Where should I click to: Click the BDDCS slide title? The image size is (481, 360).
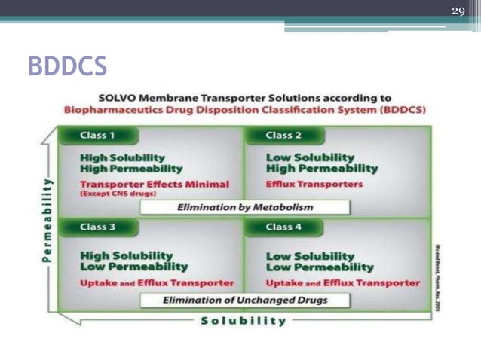[67, 66]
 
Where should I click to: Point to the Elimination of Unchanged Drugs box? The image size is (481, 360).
[245, 300]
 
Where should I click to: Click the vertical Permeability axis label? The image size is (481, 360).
[47, 219]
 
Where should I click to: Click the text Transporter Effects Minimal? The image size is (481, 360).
[155, 184]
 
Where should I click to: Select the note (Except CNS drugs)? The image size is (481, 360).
[115, 194]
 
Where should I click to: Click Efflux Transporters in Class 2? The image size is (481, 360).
[314, 184]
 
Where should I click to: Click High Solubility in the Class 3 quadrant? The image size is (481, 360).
[126, 255]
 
